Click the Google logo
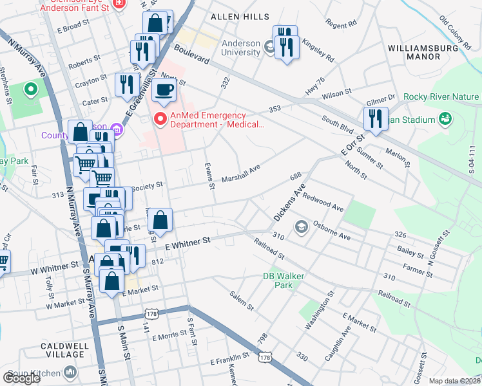tap(21, 378)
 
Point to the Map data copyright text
tap(454, 381)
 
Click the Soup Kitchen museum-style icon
tap(70, 372)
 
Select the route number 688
tap(296, 176)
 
